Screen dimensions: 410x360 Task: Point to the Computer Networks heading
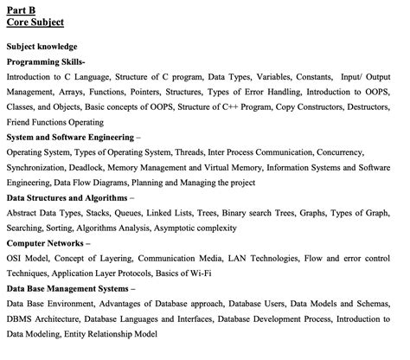pyautogui.click(x=48, y=243)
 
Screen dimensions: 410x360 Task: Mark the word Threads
pyautogui.click(x=193, y=152)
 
